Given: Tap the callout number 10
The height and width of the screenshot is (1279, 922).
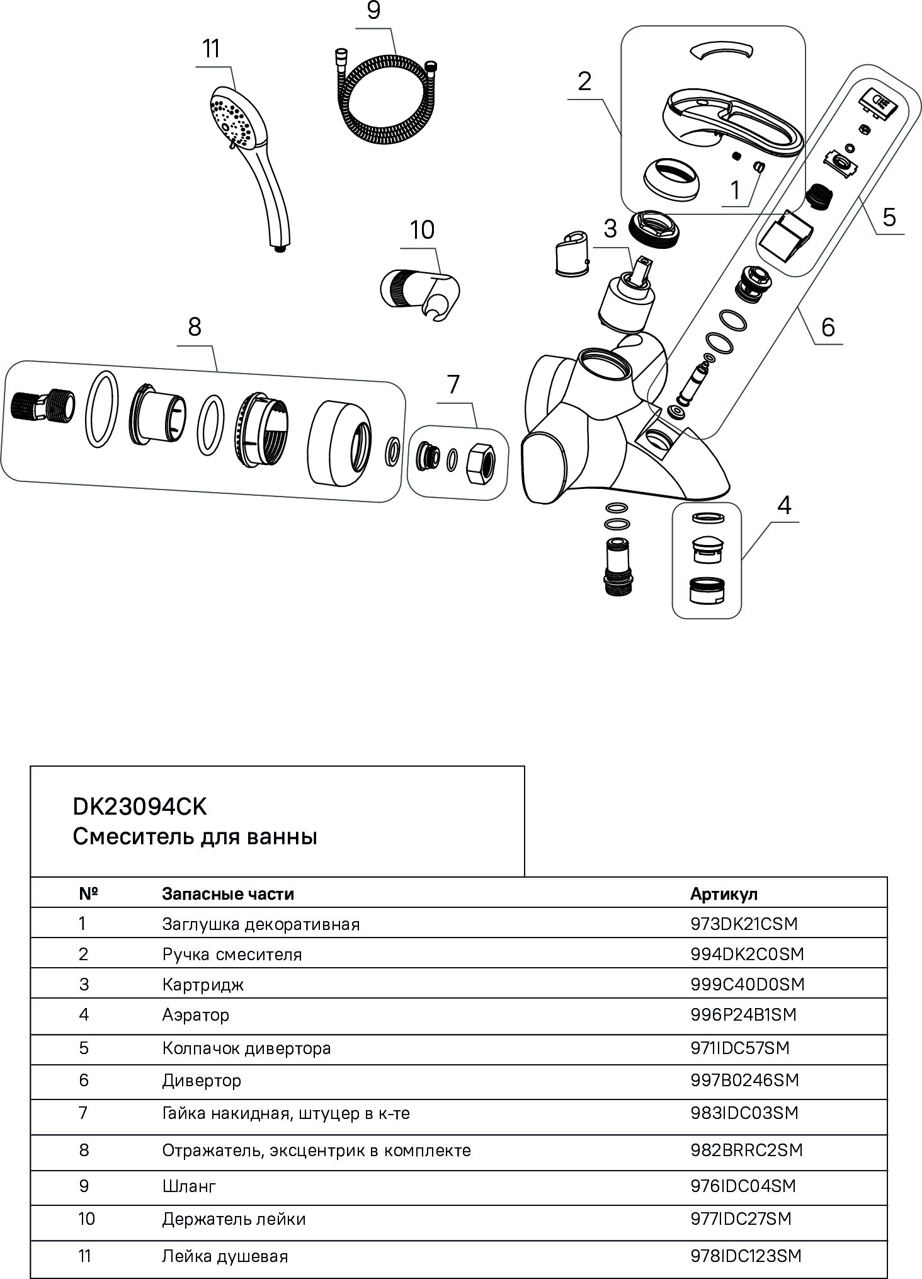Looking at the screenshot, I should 422,231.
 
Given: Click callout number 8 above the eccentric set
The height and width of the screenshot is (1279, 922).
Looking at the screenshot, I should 194,327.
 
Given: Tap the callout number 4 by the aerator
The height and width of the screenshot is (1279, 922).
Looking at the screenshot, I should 783,505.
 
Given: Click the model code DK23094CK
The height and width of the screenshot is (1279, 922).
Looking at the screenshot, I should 139,807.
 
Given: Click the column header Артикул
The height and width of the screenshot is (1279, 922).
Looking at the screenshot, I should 724,893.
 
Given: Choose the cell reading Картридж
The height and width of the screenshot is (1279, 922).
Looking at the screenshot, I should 203,984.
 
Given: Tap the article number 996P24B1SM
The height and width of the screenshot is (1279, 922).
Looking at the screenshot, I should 743,1014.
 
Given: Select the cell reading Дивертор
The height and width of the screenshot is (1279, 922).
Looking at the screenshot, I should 202,1081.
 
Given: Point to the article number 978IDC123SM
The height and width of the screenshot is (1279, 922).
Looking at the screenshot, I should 746,1256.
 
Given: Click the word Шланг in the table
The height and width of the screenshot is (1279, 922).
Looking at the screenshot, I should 189,1186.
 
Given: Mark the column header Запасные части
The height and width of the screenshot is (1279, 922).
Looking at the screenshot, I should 228,893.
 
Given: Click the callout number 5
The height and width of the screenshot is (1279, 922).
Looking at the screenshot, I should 889,217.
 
